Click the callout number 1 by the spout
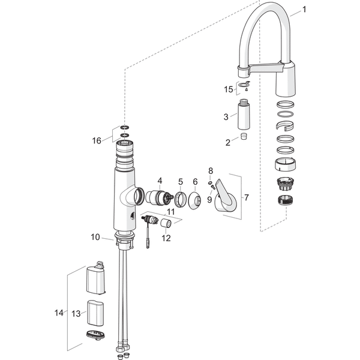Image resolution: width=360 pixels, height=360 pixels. pos(304,9)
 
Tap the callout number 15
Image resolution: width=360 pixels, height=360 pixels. pos(229,89)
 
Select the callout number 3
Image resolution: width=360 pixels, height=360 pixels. pos(226,116)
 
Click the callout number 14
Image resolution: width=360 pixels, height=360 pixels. pos(58,312)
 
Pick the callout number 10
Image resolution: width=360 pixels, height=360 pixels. pos(95,237)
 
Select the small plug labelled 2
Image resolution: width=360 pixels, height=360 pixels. pos(244,137)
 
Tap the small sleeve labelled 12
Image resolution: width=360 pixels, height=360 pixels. pos(166,223)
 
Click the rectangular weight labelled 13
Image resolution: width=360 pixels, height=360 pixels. pos(96,312)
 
